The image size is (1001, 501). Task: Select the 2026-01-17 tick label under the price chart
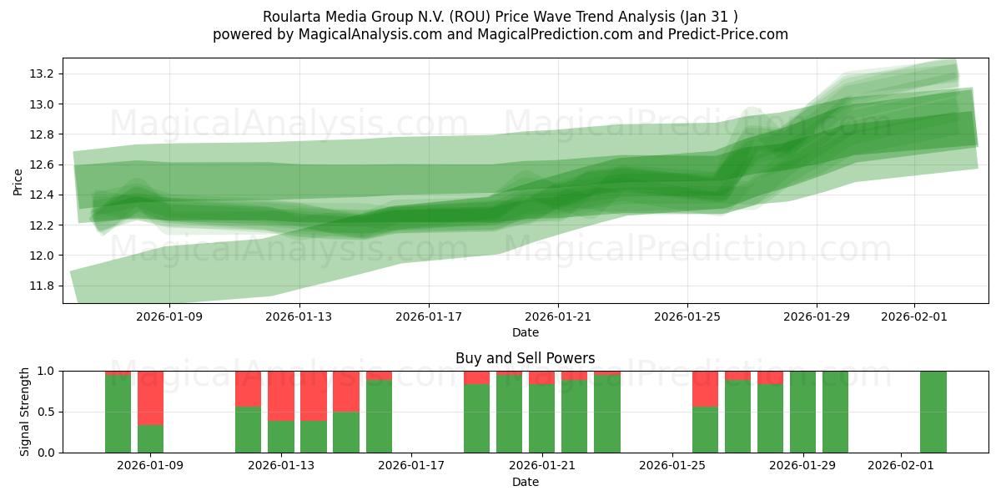point(428,316)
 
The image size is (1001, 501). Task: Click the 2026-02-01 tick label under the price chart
point(913,316)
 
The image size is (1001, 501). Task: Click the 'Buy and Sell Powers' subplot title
point(525,358)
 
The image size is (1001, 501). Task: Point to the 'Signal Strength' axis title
point(25,411)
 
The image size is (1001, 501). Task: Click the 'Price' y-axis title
point(18,181)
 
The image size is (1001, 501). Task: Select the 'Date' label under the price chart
point(525,332)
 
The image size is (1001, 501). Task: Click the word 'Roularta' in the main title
point(291,17)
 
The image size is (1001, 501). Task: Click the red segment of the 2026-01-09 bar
point(150,397)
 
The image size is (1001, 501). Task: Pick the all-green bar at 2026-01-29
point(802,412)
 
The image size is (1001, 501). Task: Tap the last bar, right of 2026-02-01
point(933,412)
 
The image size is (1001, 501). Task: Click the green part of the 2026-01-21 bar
point(541,417)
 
